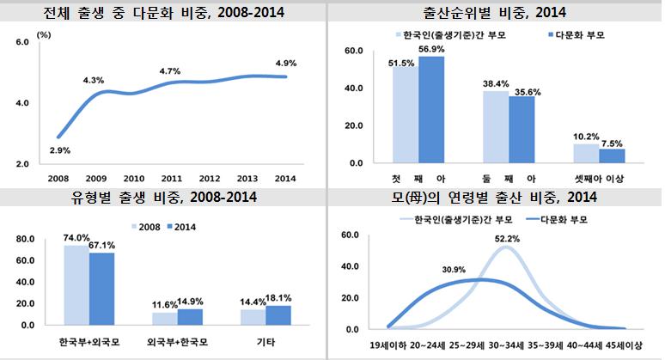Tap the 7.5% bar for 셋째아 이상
(612, 156)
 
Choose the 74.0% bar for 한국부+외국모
(76, 285)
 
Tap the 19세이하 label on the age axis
(389, 349)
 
